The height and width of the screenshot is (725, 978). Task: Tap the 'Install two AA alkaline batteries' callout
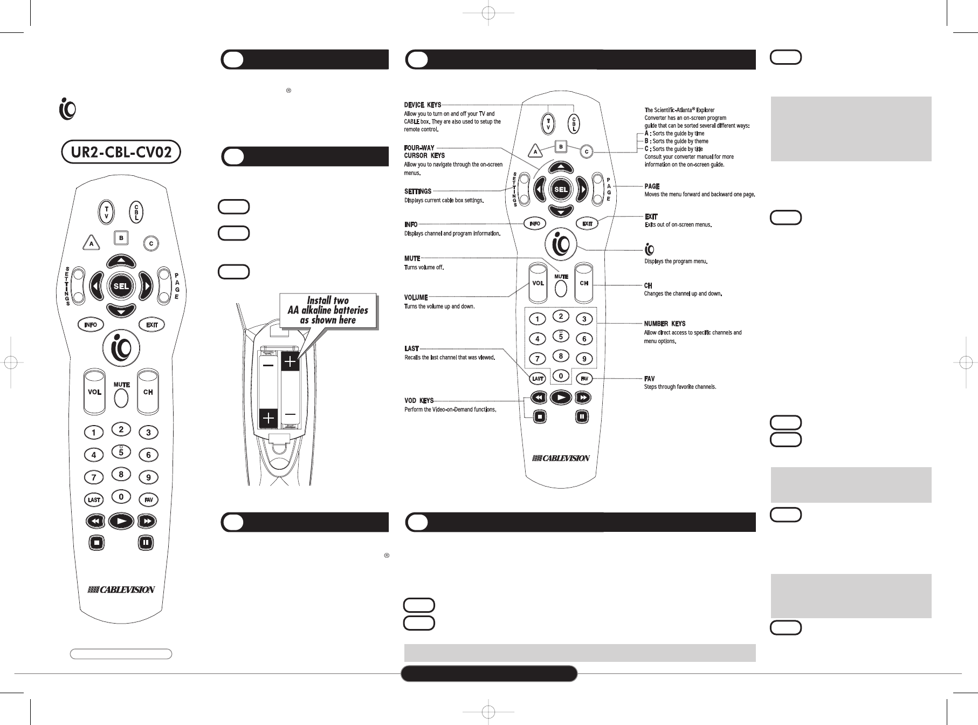(x=328, y=310)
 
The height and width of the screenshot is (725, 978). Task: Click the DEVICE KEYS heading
(x=423, y=105)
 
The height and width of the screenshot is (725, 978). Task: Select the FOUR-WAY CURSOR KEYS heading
(x=424, y=152)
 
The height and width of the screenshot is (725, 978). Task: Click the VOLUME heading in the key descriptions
(x=416, y=297)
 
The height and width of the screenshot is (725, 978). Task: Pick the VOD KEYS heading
(x=418, y=401)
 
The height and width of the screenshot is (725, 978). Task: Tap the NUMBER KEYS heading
(x=664, y=324)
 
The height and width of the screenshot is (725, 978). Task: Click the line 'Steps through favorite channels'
(x=680, y=387)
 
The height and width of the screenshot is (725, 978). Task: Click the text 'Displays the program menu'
(x=675, y=262)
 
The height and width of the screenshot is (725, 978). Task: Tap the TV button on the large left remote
(x=107, y=211)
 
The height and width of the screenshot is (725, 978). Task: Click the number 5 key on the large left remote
(x=121, y=452)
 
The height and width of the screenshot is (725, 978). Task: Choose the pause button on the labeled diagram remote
(x=582, y=416)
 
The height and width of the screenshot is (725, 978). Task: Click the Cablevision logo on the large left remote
(x=121, y=590)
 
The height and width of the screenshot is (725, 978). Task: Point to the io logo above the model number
(x=67, y=110)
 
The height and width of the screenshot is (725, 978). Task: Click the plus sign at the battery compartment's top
(x=290, y=361)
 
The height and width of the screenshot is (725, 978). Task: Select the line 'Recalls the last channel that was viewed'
(x=449, y=357)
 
